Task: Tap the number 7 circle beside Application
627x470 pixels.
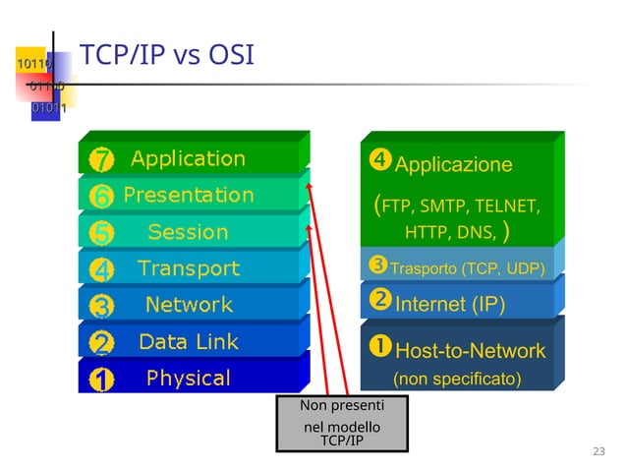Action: tap(103, 159)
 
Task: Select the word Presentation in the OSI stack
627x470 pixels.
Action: tap(188, 195)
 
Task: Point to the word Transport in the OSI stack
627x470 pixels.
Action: tap(188, 268)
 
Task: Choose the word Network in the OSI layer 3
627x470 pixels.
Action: tap(189, 305)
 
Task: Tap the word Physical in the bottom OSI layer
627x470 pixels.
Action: tap(188, 379)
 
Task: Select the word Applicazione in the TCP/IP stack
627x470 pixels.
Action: tap(453, 164)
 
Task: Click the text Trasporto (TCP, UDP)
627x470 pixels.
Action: tap(467, 267)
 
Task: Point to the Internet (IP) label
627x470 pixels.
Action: tap(449, 304)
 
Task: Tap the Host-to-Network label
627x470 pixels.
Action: tap(470, 350)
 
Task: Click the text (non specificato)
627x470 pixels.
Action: tap(457, 379)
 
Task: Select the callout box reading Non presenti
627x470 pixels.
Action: tap(342, 423)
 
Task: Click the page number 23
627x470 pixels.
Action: tap(599, 451)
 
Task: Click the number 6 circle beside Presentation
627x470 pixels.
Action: tap(103, 197)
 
